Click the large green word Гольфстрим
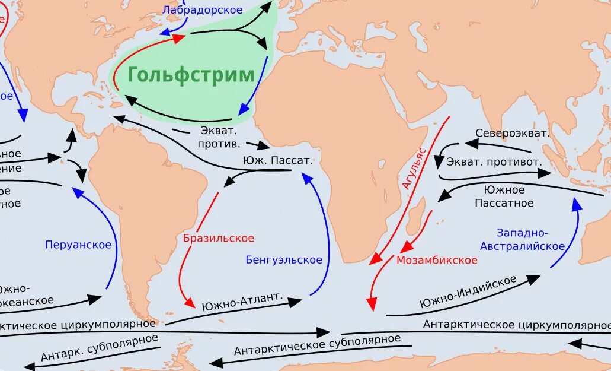pos(191,75)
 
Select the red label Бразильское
pos(219,238)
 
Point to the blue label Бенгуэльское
pos(284,259)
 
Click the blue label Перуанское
pos(78,245)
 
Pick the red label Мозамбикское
pos(437,260)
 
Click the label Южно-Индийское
pos(468,291)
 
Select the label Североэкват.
pos(512,133)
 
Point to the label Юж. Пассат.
pos(277,160)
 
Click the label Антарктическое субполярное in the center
pos(317,345)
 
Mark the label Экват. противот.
pos(494,161)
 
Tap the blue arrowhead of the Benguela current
pos(306,177)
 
